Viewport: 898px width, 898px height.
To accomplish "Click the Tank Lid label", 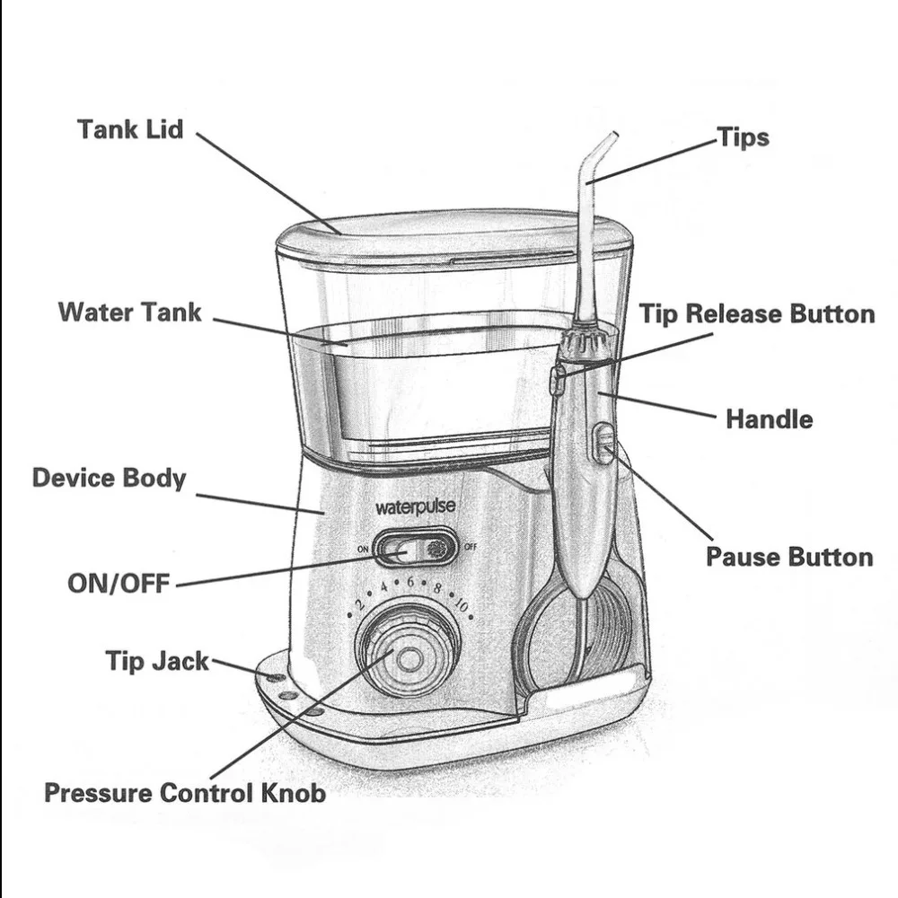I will (130, 129).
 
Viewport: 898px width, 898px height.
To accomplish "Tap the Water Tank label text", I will (130, 313).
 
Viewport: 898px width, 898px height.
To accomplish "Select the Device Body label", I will (109, 478).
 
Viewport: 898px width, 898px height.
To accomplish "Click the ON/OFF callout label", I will (119, 584).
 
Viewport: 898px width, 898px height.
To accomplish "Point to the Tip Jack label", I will (157, 662).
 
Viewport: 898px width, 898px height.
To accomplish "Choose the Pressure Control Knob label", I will (184, 793).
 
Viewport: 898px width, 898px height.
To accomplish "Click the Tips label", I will (743, 137).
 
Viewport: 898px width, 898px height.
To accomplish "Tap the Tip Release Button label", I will (756, 314).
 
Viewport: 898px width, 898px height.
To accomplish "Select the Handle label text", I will (769, 419).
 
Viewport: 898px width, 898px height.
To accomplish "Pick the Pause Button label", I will (788, 557).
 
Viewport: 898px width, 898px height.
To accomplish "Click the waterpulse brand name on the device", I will (415, 507).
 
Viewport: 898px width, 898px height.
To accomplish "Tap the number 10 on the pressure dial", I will (461, 605).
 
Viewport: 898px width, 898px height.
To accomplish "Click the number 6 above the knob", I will (410, 582).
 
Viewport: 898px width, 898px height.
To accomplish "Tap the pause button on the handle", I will (604, 443).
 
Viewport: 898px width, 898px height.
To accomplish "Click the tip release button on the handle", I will (557, 380).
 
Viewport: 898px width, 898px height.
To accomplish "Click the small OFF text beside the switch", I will (470, 547).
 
